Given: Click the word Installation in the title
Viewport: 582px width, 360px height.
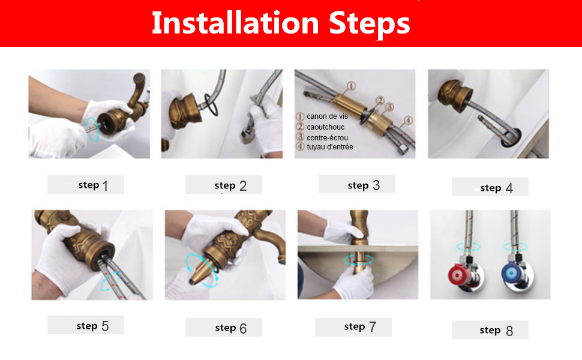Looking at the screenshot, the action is (235, 23).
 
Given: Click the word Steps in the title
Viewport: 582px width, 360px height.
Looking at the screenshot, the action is (370, 25).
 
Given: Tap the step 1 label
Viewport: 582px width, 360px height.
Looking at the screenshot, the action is (93, 185).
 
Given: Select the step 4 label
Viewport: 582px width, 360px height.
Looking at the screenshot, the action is (496, 188).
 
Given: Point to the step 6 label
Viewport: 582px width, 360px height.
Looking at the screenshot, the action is (230, 328).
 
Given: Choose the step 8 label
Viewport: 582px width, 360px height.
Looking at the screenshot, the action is (496, 330).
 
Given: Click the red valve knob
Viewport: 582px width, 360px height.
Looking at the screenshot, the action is (457, 275).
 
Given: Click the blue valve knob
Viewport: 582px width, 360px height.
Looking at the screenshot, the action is (511, 273).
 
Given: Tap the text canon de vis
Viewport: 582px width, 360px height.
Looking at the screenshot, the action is (327, 116).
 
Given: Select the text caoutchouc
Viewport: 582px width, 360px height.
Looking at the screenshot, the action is (326, 127).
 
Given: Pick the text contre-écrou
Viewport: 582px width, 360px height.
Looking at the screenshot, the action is (327, 137).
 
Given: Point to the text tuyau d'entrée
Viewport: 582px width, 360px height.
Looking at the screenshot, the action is (329, 147).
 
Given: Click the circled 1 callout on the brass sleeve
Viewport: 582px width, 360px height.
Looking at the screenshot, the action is (351, 86).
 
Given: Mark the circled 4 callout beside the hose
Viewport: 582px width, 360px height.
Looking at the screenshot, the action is (408, 120).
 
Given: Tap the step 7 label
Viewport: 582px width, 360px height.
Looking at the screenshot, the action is (359, 326).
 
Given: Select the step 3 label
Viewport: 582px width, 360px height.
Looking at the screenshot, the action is (364, 185).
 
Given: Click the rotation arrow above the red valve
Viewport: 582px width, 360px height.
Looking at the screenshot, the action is (469, 247).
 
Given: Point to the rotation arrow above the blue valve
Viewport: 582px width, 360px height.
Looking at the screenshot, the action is (515, 247).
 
